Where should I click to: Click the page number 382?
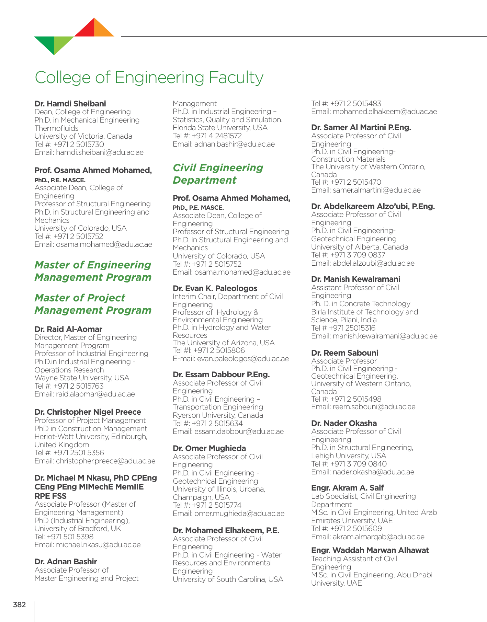pos(20,604)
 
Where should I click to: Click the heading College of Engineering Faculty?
pos(149,77)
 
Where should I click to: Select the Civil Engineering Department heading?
pos(218,174)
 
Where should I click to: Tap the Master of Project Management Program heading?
pos(93,304)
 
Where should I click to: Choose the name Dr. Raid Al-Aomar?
pos(68,329)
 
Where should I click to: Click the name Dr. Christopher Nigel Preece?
pos(88,412)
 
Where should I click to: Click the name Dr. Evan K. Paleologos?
pos(215,288)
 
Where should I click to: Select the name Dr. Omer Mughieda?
pos(209,448)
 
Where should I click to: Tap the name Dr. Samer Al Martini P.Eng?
pos(361,127)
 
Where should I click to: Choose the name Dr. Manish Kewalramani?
pos(355,279)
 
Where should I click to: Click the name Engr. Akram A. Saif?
pos(347,488)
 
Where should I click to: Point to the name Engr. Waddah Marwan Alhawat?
pos(370,550)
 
